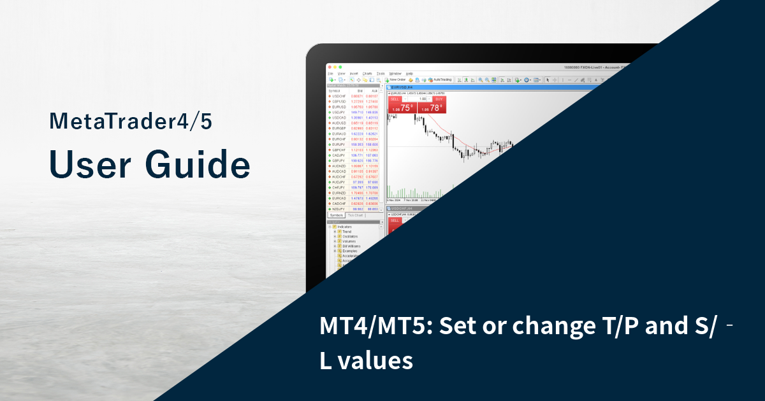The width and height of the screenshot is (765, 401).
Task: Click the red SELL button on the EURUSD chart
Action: (395, 99)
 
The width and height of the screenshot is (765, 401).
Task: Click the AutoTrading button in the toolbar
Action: (441, 80)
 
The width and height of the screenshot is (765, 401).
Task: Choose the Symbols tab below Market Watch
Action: (337, 215)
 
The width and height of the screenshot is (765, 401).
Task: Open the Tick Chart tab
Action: (355, 215)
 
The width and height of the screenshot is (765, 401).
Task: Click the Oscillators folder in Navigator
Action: (349, 236)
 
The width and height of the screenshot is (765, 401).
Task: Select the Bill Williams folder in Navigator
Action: (351, 246)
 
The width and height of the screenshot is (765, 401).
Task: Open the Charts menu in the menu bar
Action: (367, 73)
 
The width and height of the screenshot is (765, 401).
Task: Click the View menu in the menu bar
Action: (341, 73)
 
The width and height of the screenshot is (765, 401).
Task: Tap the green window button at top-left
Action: (341, 67)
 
